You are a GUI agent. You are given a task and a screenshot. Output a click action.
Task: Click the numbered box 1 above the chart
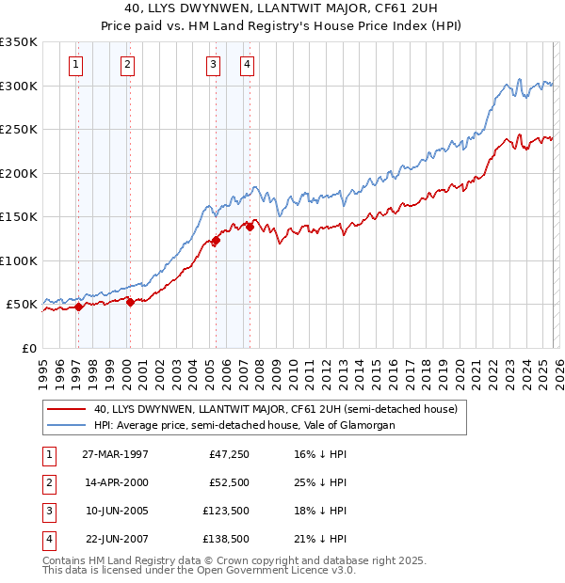tap(74, 65)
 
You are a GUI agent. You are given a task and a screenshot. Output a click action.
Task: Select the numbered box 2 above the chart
tap(126, 65)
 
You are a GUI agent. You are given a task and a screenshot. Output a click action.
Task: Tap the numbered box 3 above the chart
tap(213, 65)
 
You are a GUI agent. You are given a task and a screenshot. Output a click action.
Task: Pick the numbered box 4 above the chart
tap(246, 65)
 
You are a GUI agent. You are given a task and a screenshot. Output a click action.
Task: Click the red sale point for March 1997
tap(79, 307)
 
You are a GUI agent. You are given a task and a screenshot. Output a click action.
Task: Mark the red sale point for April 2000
tap(130, 302)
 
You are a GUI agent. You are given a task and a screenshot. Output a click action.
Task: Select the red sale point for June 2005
tap(216, 241)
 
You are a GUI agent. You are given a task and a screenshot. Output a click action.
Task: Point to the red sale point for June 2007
tap(250, 227)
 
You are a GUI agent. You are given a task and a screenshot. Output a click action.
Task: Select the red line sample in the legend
tap(66, 409)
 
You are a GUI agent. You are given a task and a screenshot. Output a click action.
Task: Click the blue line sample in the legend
tap(66, 425)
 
